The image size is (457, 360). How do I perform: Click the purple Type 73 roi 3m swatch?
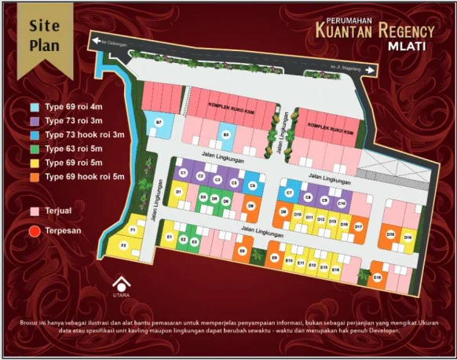[x=35, y=121]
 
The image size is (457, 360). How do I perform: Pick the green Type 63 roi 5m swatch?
[x=35, y=149]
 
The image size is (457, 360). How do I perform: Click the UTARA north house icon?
[x=120, y=284]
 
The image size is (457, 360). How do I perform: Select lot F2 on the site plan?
[x=123, y=246]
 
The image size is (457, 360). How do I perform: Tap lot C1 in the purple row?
[x=183, y=172]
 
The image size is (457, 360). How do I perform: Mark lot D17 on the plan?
[x=358, y=226]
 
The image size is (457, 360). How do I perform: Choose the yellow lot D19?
[x=408, y=236]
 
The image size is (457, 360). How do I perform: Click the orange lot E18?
[x=377, y=277]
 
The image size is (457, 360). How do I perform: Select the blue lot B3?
[x=226, y=134]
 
